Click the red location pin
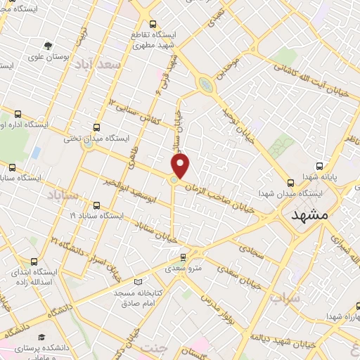[x=181, y=166]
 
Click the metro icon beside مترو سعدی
[x=184, y=257]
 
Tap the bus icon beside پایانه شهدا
[x=320, y=167]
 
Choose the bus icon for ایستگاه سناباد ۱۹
[x=96, y=206]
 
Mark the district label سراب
[x=284, y=298]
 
